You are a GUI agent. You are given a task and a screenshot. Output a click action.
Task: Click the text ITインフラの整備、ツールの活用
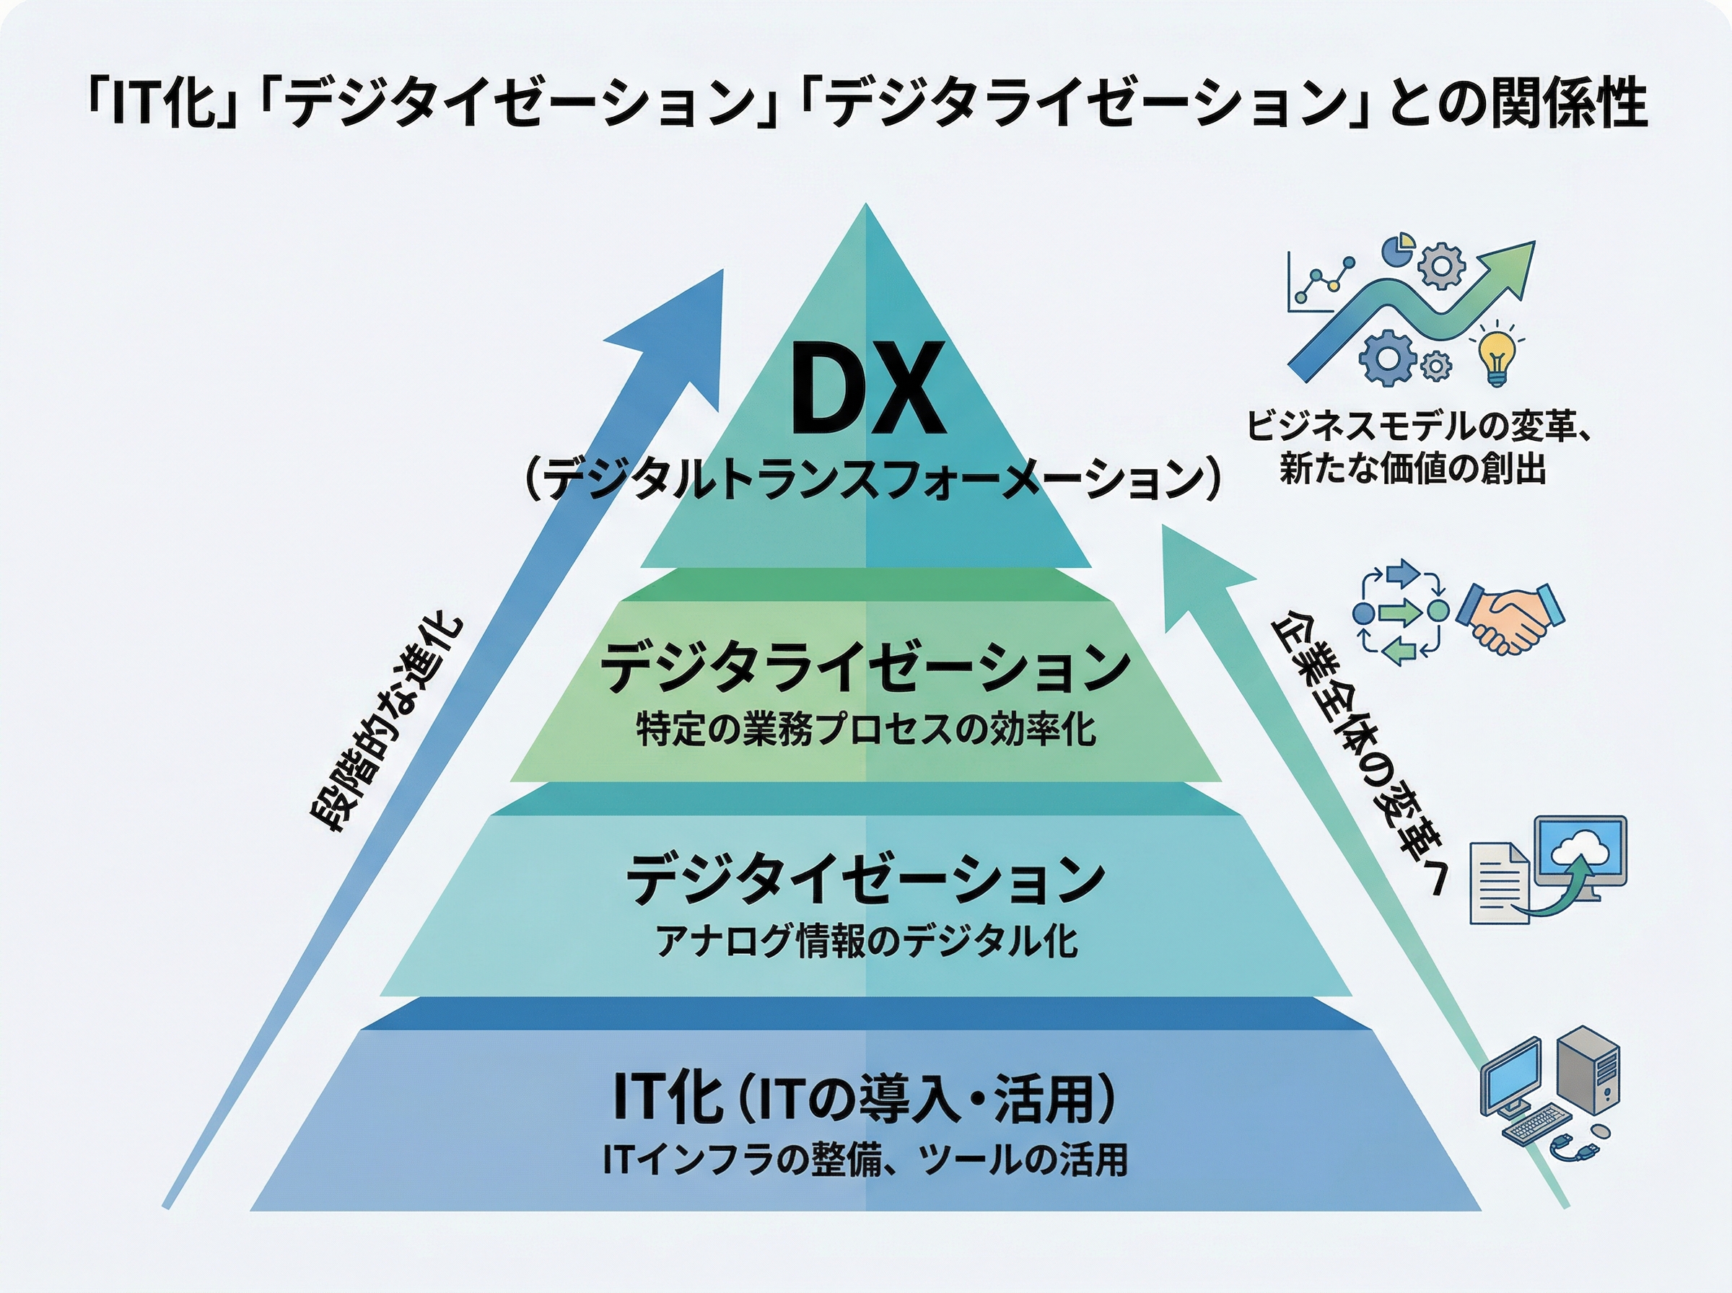(x=865, y=1161)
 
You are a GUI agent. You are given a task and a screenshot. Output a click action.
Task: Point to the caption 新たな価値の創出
(x=1413, y=470)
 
